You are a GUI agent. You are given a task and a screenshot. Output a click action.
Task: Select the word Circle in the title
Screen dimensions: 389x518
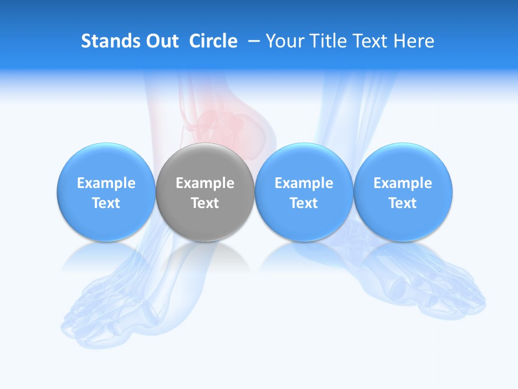(213, 41)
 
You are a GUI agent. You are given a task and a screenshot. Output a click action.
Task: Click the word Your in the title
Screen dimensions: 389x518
(284, 42)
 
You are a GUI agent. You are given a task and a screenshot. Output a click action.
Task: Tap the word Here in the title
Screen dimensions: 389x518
(413, 41)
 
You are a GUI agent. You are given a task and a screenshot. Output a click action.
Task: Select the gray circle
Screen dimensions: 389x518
(205, 162)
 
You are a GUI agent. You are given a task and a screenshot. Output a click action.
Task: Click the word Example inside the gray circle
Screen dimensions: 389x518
(205, 183)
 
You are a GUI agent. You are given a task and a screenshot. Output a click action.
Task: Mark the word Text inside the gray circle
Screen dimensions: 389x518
(205, 203)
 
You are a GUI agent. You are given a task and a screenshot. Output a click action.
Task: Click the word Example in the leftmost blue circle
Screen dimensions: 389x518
(106, 183)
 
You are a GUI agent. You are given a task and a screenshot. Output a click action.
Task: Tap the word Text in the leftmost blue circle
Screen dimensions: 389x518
(106, 203)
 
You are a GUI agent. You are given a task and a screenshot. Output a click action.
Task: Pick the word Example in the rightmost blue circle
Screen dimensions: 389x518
(403, 183)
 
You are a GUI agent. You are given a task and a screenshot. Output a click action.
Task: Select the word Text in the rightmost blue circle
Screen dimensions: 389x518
(403, 203)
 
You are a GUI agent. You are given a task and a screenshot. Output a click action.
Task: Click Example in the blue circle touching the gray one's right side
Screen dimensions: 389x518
(304, 183)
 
